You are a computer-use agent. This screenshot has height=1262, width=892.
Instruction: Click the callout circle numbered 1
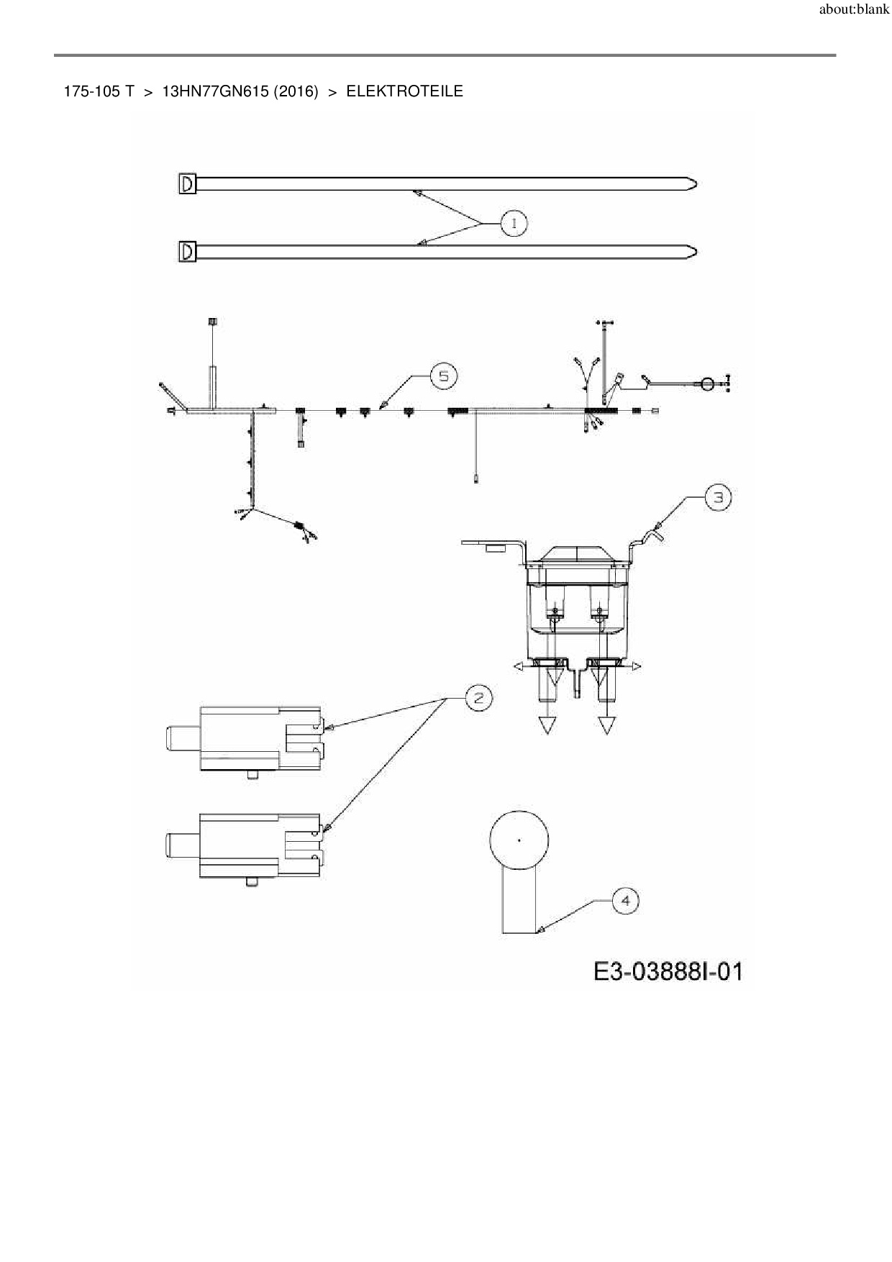coord(514,223)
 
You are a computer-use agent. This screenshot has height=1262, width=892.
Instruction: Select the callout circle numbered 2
coord(478,697)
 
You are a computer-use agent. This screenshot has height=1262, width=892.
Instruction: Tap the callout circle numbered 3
coord(718,497)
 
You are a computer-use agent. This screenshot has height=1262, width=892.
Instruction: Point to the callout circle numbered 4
coord(625,901)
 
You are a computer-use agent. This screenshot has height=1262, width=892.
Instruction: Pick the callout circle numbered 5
coord(443,376)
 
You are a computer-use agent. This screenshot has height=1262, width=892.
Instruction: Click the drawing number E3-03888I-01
coord(668,972)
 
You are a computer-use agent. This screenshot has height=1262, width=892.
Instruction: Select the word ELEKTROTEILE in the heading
coord(404,91)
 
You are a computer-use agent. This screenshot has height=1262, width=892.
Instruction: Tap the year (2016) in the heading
coord(296,91)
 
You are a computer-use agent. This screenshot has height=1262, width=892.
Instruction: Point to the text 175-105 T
coord(99,91)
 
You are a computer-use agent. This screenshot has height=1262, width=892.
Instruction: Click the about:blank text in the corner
coord(854,11)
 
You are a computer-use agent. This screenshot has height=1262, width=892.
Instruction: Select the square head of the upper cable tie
coord(187,184)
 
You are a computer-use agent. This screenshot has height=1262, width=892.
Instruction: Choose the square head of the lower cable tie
coord(187,252)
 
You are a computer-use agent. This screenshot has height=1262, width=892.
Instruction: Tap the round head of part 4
coord(519,840)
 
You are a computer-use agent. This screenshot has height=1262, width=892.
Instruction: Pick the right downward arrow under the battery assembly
coord(606,725)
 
